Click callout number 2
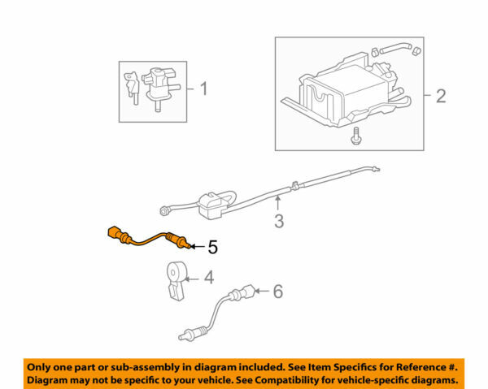(x=440, y=97)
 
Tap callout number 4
(x=208, y=278)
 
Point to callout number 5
(x=212, y=244)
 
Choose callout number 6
(x=277, y=291)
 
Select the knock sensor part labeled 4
(x=176, y=278)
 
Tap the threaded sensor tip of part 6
(x=183, y=332)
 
